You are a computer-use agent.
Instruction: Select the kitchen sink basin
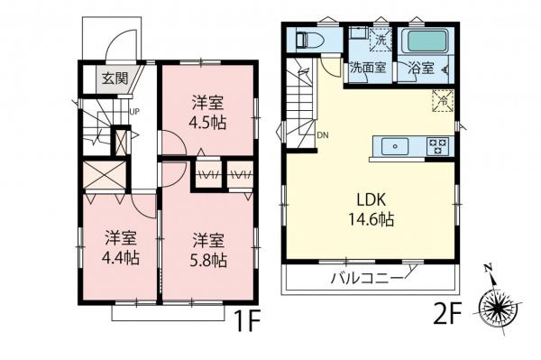[395, 144]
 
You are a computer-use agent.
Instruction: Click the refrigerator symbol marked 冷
[443, 101]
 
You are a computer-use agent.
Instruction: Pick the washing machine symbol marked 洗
[381, 40]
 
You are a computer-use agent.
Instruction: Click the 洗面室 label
[369, 68]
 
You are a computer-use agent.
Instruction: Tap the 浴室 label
[420, 68]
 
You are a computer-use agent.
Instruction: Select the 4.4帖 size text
[121, 259]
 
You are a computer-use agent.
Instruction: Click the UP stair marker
[133, 112]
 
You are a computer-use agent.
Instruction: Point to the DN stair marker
[323, 136]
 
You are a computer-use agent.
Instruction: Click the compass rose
[500, 307]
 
